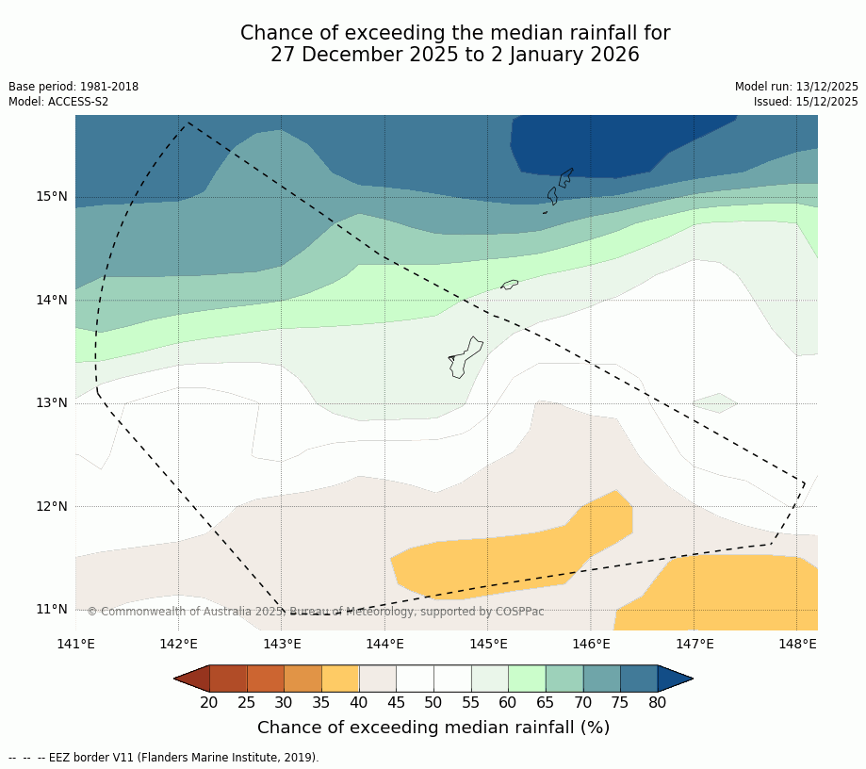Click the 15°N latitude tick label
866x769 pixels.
tap(52, 197)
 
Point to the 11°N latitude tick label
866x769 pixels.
tap(52, 609)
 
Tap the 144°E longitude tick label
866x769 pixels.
tap(384, 645)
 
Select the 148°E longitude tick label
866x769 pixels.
tap(797, 645)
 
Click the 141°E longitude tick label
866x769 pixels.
tap(75, 645)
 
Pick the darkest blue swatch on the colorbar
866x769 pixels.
tap(675, 679)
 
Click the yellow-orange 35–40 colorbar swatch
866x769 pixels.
tap(340, 679)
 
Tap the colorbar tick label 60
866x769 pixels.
tap(508, 702)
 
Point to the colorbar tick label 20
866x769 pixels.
tap(209, 702)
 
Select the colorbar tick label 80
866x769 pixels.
tap(657, 702)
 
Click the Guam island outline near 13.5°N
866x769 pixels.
tap(464, 358)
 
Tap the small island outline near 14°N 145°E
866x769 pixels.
tap(510, 284)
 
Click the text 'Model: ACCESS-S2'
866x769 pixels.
tap(58, 102)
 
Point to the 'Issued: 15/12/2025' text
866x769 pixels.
tap(806, 102)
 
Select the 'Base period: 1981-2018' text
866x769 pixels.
tap(74, 87)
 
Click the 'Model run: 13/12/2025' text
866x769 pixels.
tap(796, 87)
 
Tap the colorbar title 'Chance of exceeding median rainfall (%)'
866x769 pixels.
tap(433, 728)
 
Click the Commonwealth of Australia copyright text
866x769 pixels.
tap(316, 612)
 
